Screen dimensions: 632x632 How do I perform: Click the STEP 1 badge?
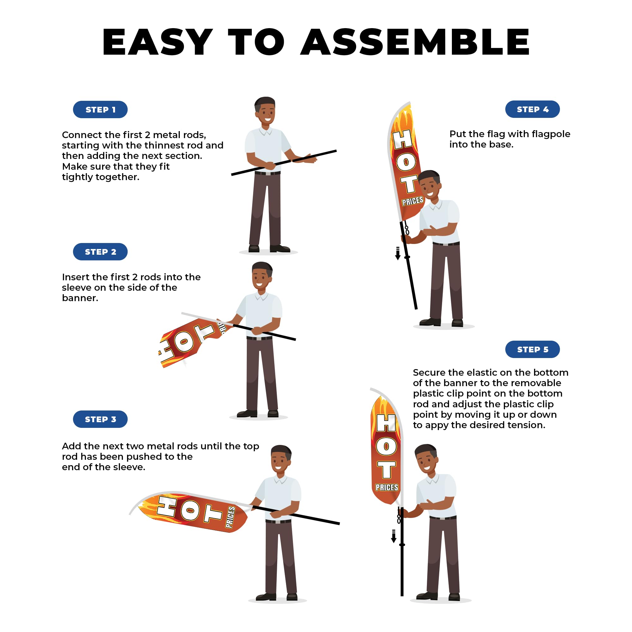100,110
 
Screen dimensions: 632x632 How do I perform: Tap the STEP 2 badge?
100,252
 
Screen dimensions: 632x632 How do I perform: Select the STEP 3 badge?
100,419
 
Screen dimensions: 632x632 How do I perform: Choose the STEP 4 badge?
532,109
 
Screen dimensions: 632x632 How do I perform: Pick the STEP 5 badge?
532,349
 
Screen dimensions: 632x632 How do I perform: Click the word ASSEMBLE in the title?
416,42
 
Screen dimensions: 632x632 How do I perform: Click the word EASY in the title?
158,42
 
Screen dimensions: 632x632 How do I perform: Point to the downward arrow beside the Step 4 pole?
398,253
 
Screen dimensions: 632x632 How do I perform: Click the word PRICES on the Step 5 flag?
387,487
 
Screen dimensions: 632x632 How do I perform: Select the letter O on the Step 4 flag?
406,162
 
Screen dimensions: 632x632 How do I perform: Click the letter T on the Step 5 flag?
387,470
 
